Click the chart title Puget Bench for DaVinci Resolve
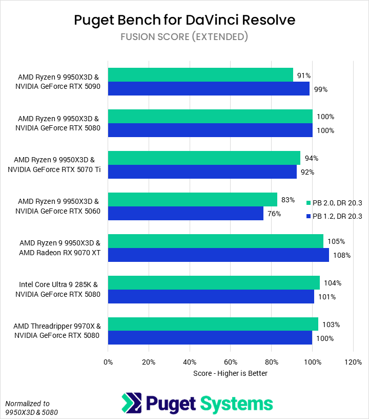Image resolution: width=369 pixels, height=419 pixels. (x=184, y=20)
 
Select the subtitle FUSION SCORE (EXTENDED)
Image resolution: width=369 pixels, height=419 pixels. (x=184, y=37)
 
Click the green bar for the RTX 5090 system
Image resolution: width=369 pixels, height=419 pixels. (x=200, y=75)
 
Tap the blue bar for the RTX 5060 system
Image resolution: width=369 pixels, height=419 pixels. (x=186, y=214)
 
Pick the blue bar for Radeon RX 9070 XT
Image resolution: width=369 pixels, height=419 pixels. (x=218, y=255)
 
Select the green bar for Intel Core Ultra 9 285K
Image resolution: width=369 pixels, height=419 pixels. (x=214, y=283)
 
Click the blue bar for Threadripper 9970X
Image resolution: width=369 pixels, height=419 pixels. (x=210, y=338)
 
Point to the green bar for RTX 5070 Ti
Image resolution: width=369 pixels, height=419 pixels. (x=204, y=158)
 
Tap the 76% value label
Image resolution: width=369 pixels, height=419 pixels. (x=274, y=214)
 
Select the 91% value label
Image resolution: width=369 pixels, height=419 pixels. (x=303, y=75)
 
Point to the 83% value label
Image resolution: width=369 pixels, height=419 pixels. (x=288, y=200)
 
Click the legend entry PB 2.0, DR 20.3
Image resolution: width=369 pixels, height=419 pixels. (x=337, y=203)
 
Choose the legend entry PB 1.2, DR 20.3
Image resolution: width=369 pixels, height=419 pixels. (x=337, y=216)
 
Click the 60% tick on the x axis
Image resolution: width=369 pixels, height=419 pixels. (x=231, y=362)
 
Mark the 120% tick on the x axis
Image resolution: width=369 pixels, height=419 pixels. (x=353, y=362)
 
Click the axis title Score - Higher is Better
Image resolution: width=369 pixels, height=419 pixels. (x=230, y=373)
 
